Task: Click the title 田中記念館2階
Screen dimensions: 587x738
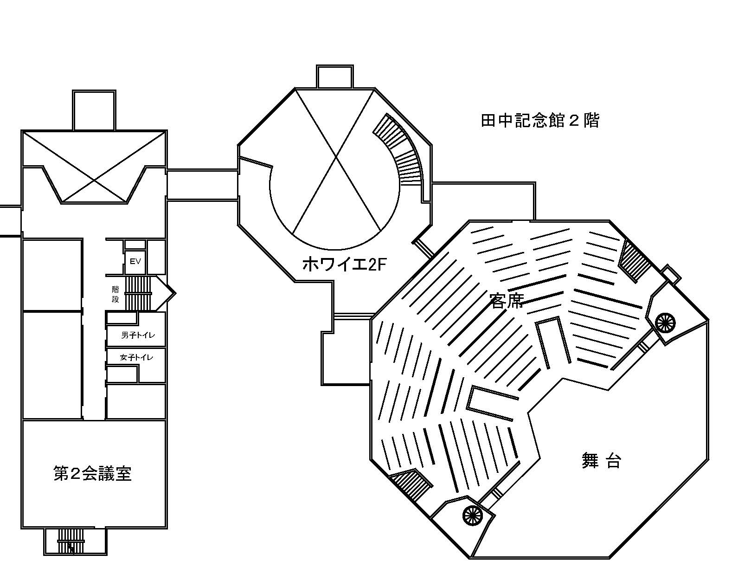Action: tap(540, 121)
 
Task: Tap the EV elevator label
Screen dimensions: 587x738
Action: tap(135, 262)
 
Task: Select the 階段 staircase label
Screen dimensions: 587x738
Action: tap(116, 294)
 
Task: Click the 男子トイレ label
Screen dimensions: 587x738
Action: tap(138, 335)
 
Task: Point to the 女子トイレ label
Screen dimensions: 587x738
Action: tap(136, 357)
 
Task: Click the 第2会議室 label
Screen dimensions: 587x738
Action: tap(93, 474)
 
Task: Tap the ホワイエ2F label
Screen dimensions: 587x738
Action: tap(344, 264)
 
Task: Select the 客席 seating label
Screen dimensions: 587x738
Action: tap(507, 301)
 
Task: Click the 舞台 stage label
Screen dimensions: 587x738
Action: tap(601, 462)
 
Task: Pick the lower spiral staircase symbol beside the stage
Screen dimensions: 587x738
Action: tap(473, 515)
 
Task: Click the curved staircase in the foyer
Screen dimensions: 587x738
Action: tap(401, 148)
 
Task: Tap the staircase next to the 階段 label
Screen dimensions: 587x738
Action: tap(139, 293)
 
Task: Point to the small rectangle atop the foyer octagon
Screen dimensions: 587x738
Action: tap(335, 76)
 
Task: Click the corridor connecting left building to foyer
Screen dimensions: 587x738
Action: tap(202, 185)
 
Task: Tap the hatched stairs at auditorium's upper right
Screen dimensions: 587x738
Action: tap(635, 260)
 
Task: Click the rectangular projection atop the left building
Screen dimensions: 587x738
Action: tap(94, 110)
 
